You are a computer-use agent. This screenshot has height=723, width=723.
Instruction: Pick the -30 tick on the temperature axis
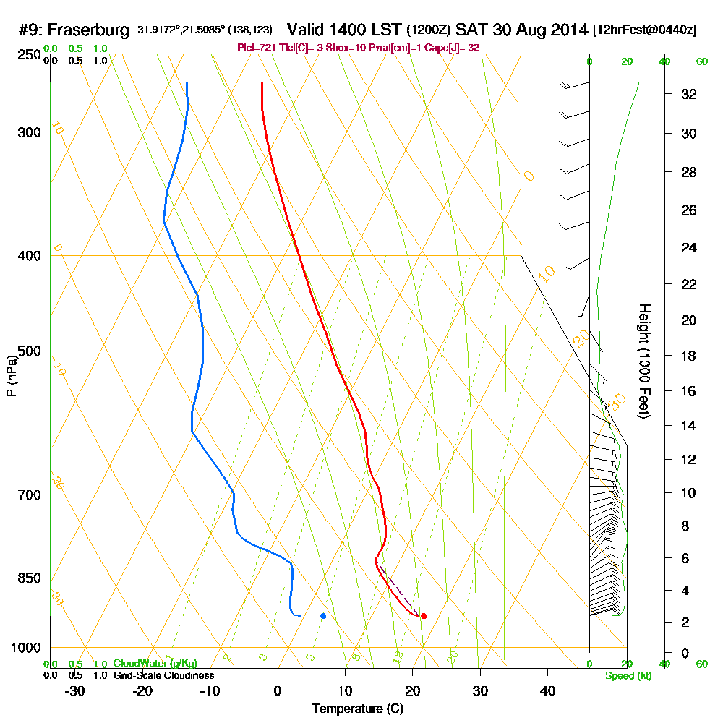[x=75, y=690]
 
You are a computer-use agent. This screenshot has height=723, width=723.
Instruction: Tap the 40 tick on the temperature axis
[x=547, y=690]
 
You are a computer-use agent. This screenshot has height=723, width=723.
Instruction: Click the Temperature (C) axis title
[x=357, y=709]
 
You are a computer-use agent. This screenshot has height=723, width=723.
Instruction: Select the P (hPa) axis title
[x=11, y=375]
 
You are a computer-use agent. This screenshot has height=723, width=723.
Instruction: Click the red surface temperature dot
[x=424, y=616]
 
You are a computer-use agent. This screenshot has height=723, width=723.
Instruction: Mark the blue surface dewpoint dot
[x=323, y=616]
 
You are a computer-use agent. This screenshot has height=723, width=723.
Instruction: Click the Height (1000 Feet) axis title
[x=643, y=360]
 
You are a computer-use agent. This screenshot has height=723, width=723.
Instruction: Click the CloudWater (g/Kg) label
[x=155, y=664]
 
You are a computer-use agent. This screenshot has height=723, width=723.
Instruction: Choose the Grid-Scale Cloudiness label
[x=163, y=675]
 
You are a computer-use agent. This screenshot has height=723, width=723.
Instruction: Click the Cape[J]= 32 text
[x=453, y=48]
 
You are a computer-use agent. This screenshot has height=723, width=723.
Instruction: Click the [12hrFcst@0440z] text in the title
[x=644, y=30]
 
